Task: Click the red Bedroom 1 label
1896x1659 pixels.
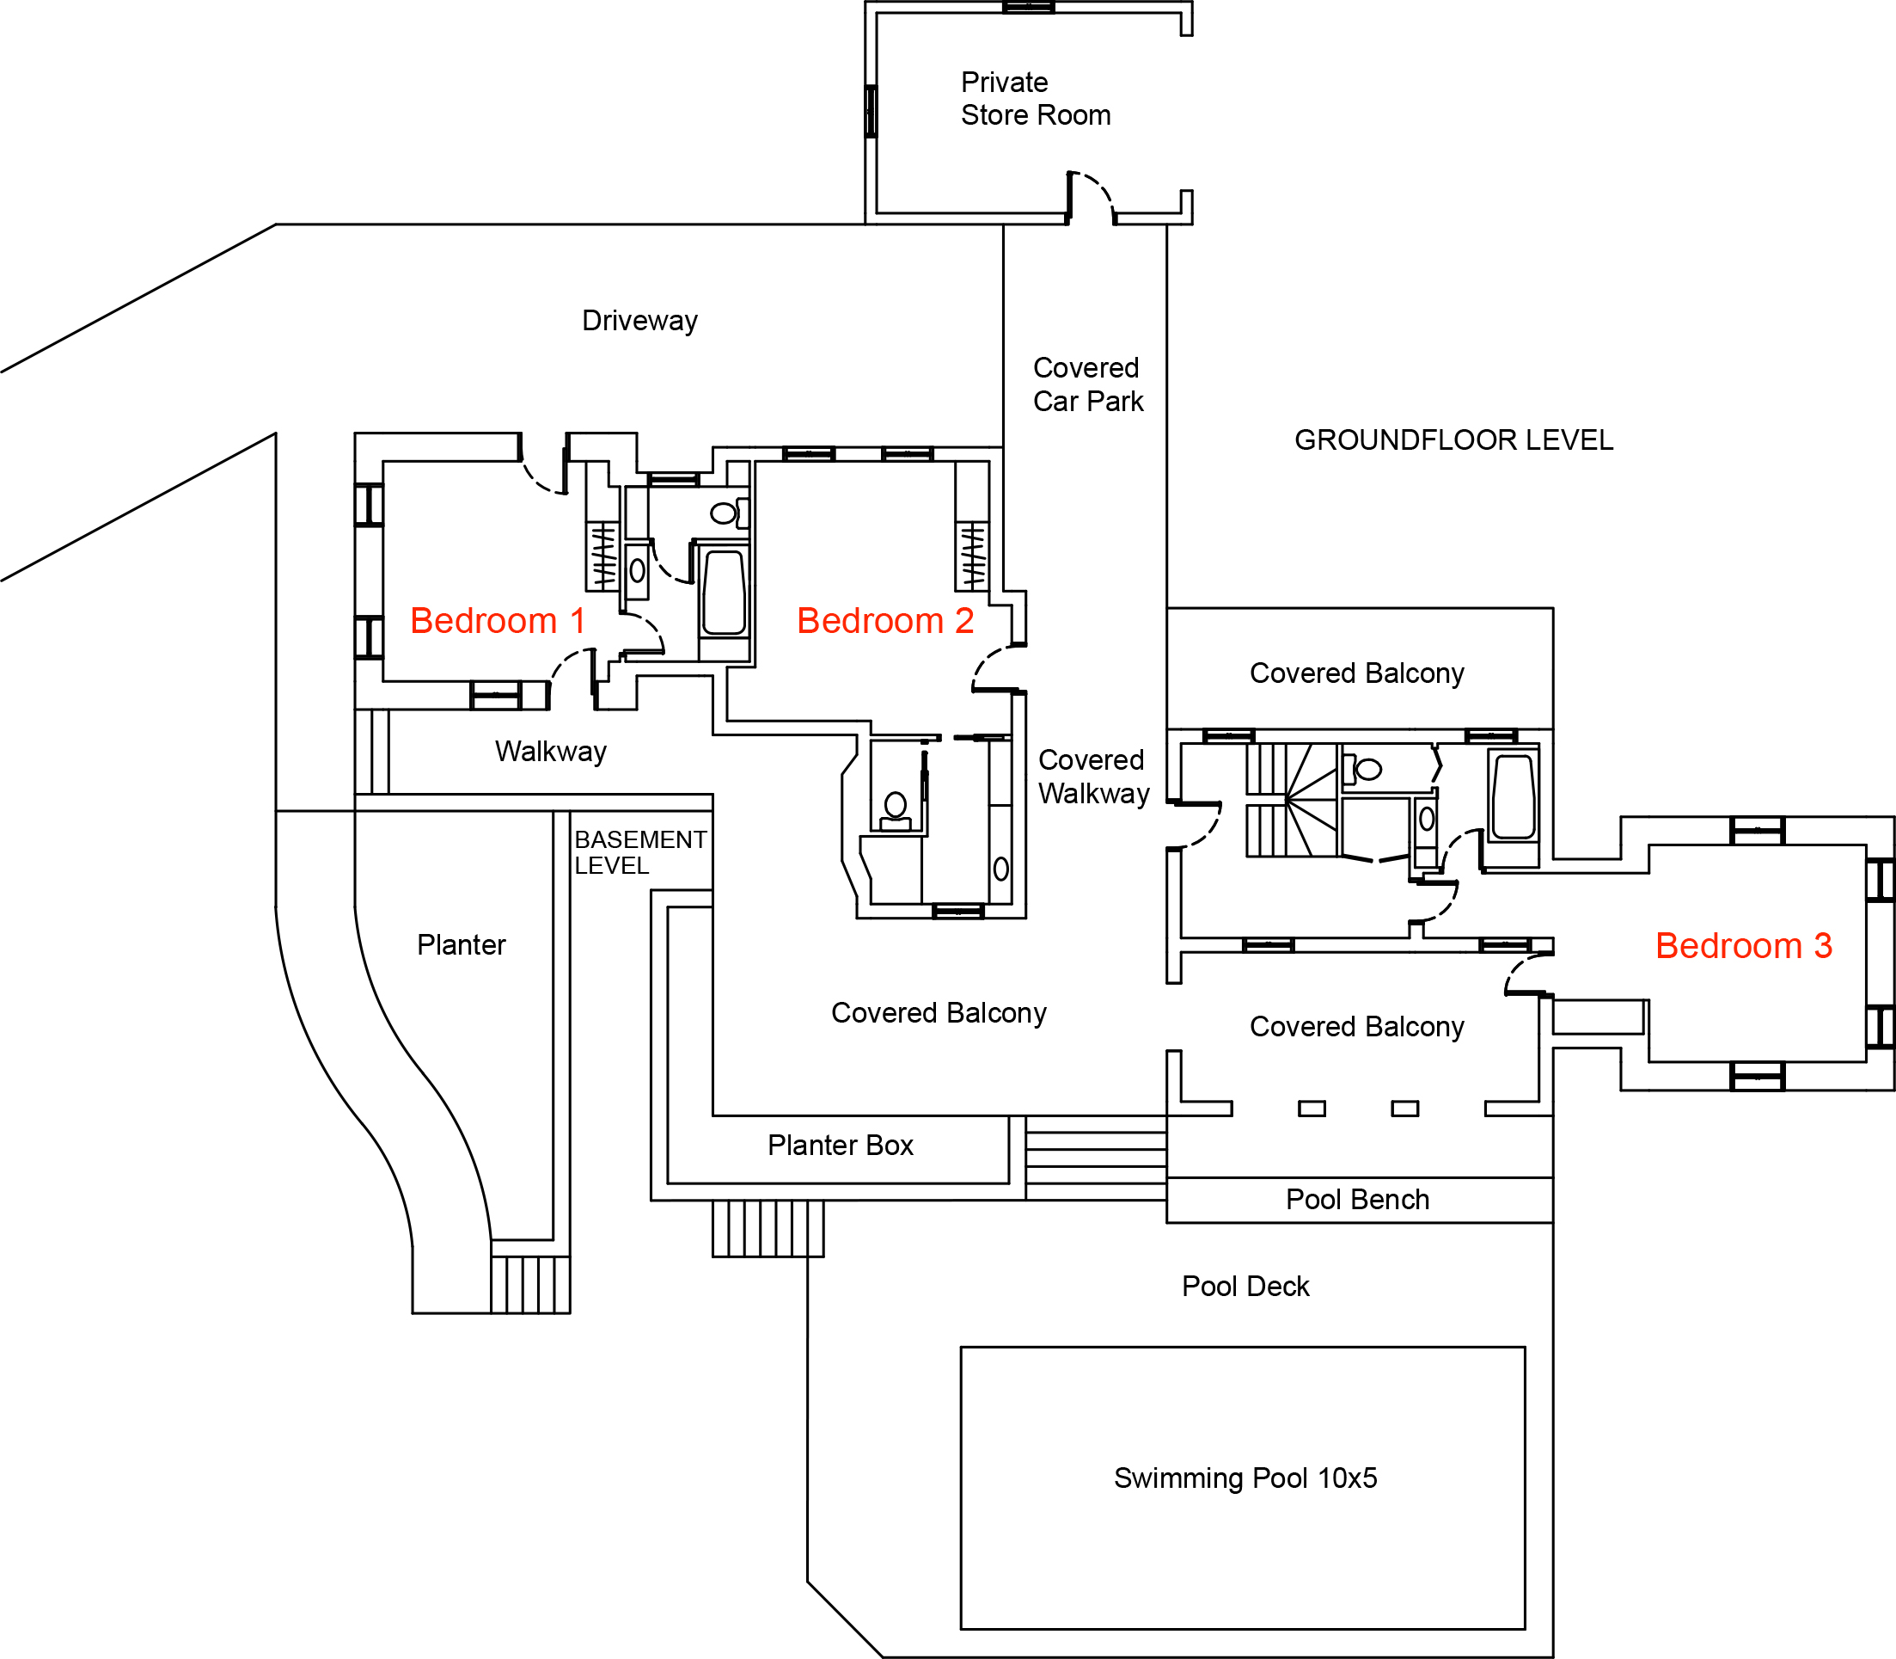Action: coord(497,620)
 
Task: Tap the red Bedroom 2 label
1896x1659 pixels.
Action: coord(885,620)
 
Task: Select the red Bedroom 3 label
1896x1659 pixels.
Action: coord(1743,945)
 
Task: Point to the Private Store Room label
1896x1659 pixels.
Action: coord(1036,98)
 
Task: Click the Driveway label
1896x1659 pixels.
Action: coord(639,320)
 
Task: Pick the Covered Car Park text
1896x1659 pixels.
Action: coord(1088,384)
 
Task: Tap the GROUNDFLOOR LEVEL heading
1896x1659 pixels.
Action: coord(1453,439)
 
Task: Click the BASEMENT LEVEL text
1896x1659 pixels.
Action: coord(640,851)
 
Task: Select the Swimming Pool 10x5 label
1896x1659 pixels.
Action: coord(1245,1478)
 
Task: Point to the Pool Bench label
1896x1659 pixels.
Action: coord(1357,1199)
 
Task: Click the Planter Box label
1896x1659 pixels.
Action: coord(841,1146)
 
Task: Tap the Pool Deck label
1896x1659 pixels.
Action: coord(1245,1286)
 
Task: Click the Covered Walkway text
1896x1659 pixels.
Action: coord(1094,777)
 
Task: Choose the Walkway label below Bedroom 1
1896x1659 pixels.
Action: coord(551,751)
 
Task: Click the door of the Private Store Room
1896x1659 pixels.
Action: coord(1091,197)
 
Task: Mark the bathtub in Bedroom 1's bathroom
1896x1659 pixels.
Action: coord(725,593)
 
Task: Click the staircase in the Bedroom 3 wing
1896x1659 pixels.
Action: coord(1292,800)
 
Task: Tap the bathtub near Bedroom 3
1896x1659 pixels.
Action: coord(1513,797)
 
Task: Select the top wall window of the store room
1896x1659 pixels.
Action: coord(1028,8)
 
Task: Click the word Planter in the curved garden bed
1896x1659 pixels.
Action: coord(461,944)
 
